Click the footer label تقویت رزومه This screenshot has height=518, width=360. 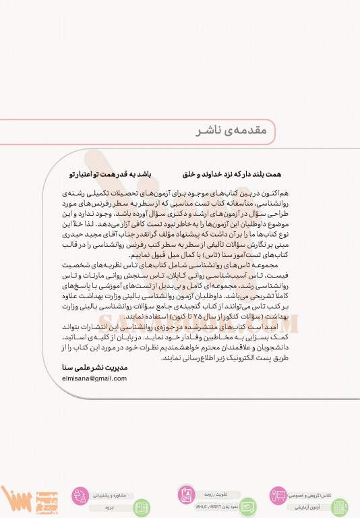pyautogui.click(x=210, y=494)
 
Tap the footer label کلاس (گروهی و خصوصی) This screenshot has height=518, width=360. pyautogui.click(x=312, y=495)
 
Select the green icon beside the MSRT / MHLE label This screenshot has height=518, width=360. pyautogui.click(x=248, y=507)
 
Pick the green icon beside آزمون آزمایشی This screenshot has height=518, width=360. pyautogui.click(x=340, y=507)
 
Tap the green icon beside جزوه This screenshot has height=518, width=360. pyautogui.click(x=142, y=507)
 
